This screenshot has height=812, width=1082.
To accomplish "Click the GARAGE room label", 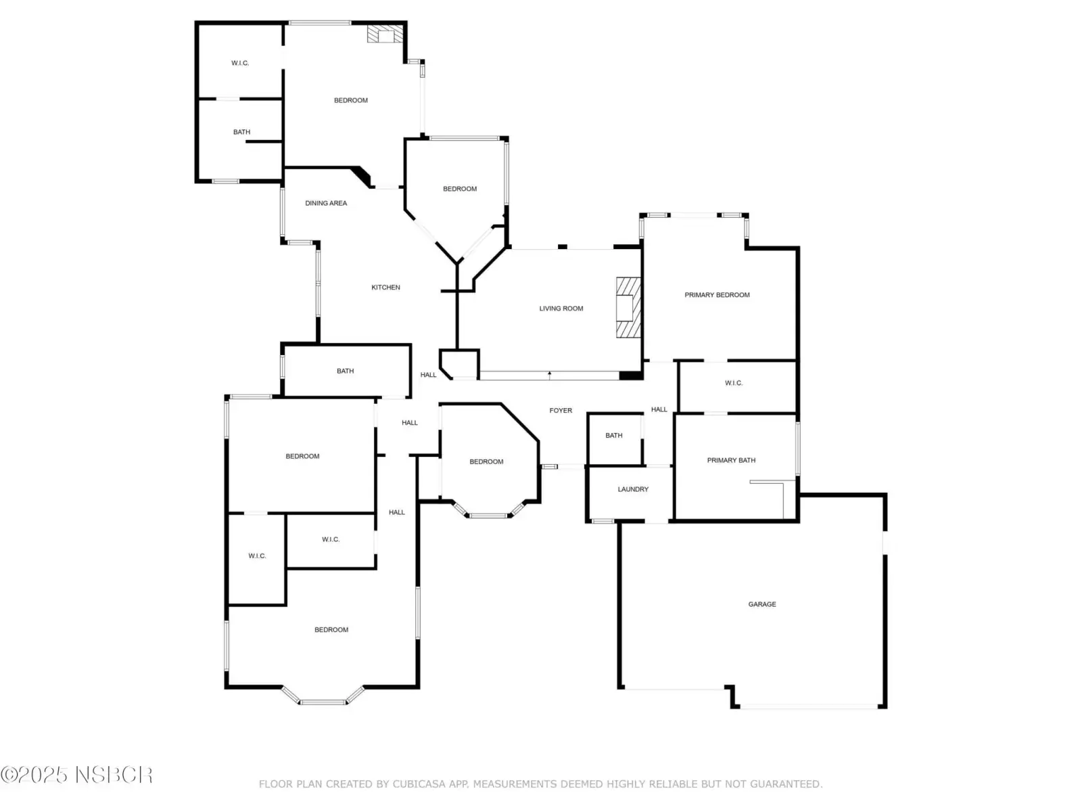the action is click(761, 604).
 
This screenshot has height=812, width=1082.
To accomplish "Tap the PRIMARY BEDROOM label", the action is click(717, 295).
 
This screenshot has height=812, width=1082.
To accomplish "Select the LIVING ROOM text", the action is click(561, 309).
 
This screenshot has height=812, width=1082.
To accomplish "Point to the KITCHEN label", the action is click(385, 288).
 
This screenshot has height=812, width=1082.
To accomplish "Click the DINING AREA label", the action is click(326, 203).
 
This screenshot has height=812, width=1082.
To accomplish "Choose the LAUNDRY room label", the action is click(633, 489).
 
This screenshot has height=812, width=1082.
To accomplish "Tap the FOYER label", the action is click(561, 410).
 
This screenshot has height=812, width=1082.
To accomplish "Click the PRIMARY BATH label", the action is click(731, 460).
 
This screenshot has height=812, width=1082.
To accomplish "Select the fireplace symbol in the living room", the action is click(628, 308).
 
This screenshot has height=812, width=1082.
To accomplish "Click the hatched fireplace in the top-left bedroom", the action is click(385, 34).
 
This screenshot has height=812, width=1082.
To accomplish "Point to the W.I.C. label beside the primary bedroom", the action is click(734, 383).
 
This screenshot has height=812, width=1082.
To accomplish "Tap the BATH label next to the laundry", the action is click(614, 435).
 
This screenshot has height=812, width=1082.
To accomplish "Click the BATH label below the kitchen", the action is click(345, 371).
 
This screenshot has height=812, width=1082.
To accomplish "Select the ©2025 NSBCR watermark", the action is click(76, 775).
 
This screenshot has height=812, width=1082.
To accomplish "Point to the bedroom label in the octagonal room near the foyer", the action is click(486, 461).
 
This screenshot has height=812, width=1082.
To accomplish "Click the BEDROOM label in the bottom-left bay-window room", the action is click(331, 629).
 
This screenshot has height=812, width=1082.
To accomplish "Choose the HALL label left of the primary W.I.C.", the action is click(659, 409).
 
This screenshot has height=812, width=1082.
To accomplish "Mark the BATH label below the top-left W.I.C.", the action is click(241, 132).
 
